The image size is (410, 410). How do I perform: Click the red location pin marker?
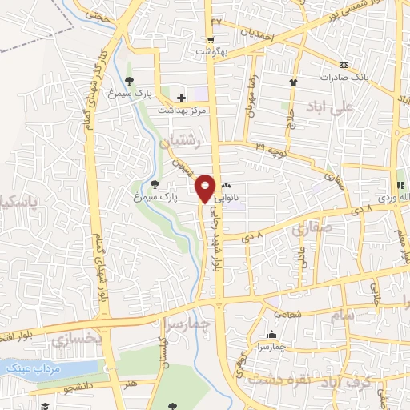(205, 187)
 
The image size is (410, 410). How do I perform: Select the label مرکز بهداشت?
(182, 109)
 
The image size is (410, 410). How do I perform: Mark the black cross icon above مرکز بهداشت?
(182, 98)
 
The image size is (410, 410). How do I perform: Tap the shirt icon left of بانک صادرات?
(294, 81)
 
